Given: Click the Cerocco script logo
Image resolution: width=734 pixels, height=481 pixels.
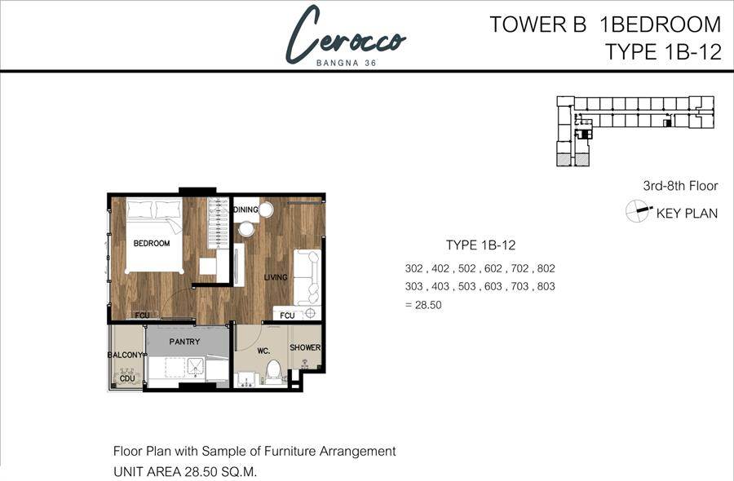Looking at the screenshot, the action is click(x=346, y=35).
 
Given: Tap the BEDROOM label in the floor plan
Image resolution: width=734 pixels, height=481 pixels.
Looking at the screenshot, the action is click(x=151, y=243).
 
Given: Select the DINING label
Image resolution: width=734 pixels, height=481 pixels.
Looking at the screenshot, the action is click(x=245, y=210).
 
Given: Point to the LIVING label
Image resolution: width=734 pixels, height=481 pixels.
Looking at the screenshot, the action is click(x=276, y=277).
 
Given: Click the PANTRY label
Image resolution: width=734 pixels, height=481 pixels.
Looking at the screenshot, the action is click(x=184, y=342).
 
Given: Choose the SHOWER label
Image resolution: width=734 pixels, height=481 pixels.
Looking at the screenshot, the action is click(x=305, y=347).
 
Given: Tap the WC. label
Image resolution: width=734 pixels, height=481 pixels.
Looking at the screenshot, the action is click(x=263, y=351).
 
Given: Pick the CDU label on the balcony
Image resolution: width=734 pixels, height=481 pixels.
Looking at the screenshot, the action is click(x=127, y=378).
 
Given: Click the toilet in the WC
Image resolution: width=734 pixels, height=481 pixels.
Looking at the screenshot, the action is click(x=273, y=372).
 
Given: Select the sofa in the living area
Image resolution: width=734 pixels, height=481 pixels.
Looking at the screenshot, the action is click(x=307, y=277).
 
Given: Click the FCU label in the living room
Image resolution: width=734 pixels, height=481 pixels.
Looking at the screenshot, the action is click(x=287, y=316).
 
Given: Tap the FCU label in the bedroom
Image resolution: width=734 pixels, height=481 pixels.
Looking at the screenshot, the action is click(x=142, y=316).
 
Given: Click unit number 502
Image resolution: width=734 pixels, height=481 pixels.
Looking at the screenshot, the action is click(x=466, y=268).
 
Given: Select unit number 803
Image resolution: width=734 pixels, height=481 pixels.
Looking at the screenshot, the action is click(x=546, y=286).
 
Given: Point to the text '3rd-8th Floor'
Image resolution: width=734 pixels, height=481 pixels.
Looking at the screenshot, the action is click(x=680, y=186).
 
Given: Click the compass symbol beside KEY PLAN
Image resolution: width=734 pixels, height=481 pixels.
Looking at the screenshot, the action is click(x=639, y=210).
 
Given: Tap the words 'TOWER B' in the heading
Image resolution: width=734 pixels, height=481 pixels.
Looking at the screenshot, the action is click(x=538, y=24).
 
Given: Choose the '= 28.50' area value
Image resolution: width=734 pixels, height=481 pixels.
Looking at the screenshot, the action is click(x=423, y=305).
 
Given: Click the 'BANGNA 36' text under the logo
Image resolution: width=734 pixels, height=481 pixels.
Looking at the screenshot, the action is click(x=347, y=63).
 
